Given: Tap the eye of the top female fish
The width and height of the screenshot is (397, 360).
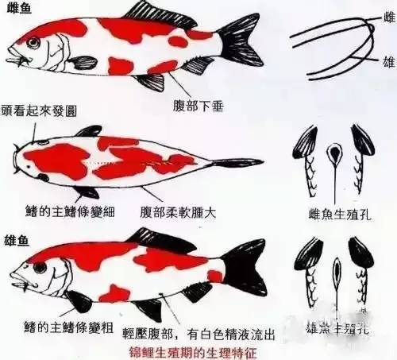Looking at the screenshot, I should tap(33, 41).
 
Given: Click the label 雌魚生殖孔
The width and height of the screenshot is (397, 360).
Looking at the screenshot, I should tap(340, 213).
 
